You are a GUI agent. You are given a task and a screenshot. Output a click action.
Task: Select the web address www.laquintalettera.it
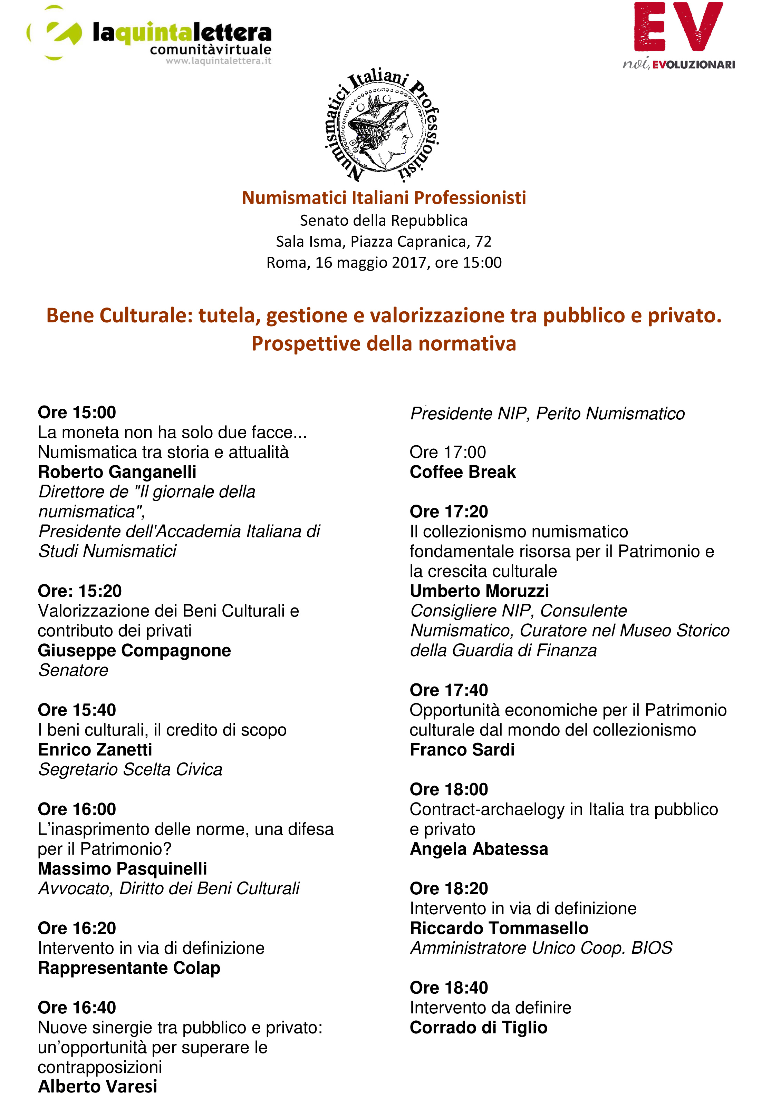(218, 61)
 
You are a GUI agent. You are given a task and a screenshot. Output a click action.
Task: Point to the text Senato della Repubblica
(383, 221)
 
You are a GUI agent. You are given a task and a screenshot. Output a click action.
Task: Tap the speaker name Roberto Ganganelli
(117, 471)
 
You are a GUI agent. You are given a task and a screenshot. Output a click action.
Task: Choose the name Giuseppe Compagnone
(134, 650)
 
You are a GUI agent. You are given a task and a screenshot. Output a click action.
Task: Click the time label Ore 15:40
(77, 710)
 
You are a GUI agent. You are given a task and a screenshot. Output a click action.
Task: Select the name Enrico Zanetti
(95, 749)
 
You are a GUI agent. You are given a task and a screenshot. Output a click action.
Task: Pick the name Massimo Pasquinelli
(122, 868)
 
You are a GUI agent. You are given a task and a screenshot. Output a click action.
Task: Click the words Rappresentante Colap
(129, 968)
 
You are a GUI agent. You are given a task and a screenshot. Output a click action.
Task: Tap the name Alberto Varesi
(97, 1086)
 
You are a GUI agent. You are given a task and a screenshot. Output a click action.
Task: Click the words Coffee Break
(462, 471)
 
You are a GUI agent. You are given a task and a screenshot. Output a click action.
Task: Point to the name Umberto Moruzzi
(479, 591)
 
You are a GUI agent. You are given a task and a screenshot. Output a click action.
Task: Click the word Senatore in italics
(73, 670)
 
